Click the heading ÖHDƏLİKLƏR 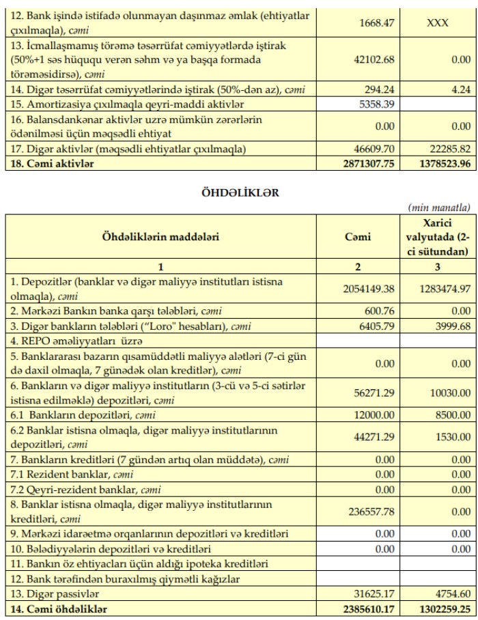[x=240, y=193]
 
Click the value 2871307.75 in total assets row [x=368, y=164]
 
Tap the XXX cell [x=437, y=23]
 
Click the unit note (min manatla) [x=439, y=208]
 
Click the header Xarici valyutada [x=437, y=237]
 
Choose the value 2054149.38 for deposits [x=369, y=289]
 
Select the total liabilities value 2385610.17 [x=369, y=608]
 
